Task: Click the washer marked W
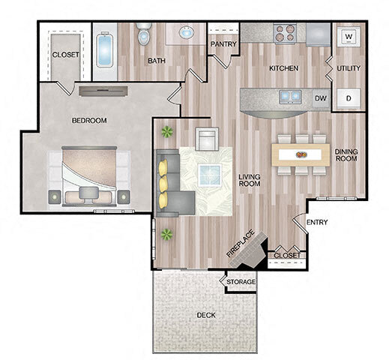pyautogui.click(x=349, y=35)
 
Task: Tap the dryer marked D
pyautogui.click(x=349, y=97)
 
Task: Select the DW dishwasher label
pyautogui.click(x=321, y=97)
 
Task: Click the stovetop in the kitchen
pyautogui.click(x=284, y=33)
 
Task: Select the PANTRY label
pyautogui.click(x=223, y=44)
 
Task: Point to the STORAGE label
pyautogui.click(x=241, y=282)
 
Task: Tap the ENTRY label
pyautogui.click(x=316, y=222)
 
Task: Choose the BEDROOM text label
pyautogui.click(x=89, y=120)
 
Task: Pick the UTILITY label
pyautogui.click(x=349, y=68)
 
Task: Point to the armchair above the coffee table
pyautogui.click(x=205, y=139)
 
